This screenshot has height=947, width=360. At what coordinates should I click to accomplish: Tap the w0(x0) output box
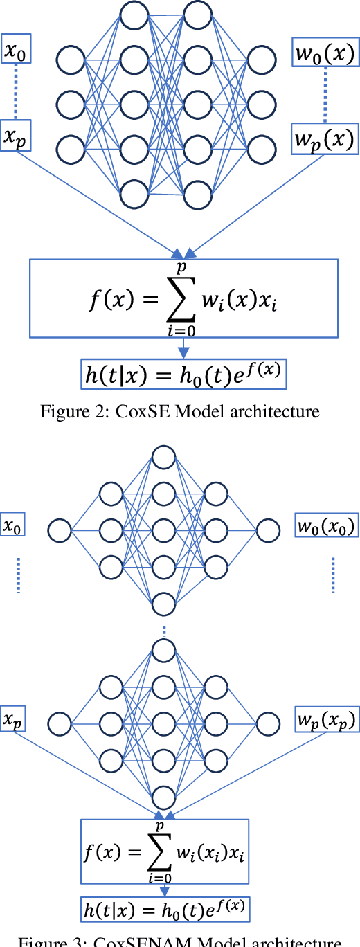point(325,527)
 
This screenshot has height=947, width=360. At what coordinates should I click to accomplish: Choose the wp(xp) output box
point(325,720)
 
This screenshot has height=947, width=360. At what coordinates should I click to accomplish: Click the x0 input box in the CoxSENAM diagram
point(12,527)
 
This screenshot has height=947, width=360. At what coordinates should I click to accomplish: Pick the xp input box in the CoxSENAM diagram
point(12,720)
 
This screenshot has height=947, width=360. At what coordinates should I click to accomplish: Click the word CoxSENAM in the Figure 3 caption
point(158,943)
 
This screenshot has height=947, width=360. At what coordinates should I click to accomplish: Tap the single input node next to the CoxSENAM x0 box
point(60,531)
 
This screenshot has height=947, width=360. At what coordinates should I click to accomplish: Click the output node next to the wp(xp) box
point(268,724)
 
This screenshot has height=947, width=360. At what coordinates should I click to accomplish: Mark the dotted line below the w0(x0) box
point(333,575)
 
